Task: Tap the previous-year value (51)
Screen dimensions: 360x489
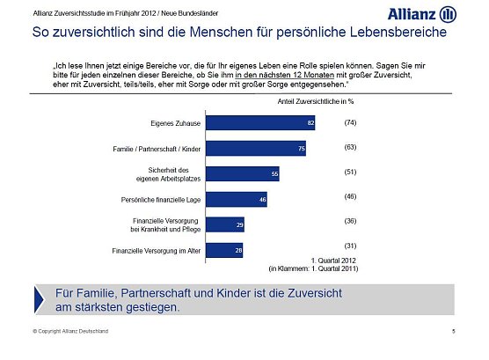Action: (x=349, y=172)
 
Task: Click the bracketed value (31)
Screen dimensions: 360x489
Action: (x=349, y=245)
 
